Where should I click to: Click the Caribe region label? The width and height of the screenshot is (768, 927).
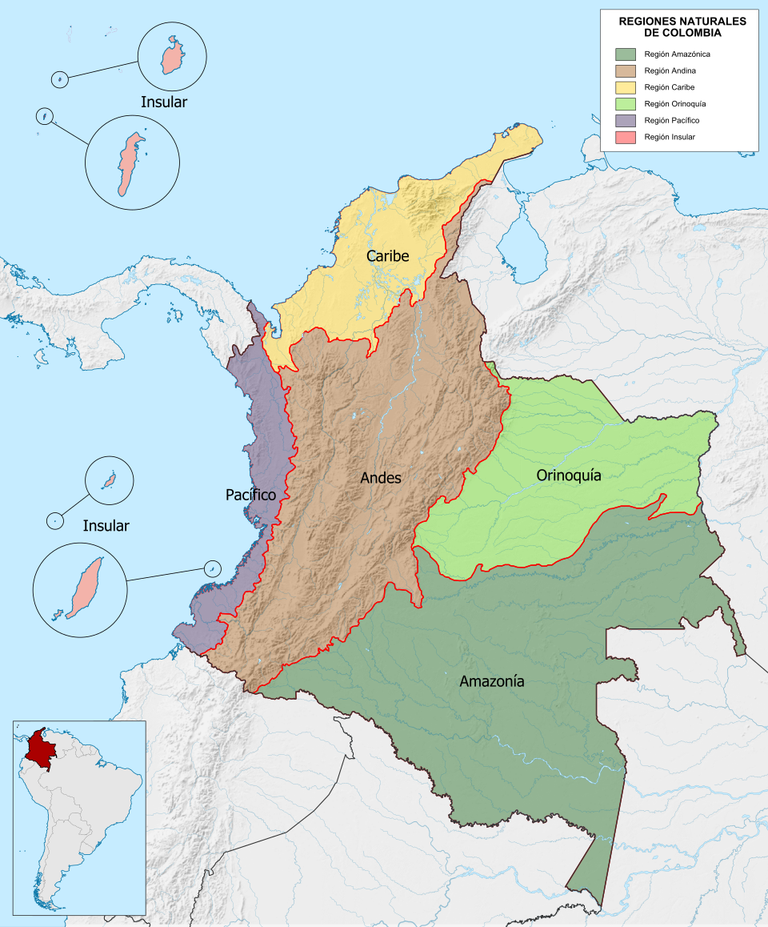tap(387, 256)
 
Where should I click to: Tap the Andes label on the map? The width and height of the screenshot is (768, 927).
tap(381, 478)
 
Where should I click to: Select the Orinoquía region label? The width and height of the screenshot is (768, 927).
tap(568, 476)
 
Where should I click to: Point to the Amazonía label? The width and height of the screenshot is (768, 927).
tap(492, 681)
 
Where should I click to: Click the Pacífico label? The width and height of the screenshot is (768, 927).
tap(250, 496)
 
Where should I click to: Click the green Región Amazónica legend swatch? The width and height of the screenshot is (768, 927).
tap(625, 54)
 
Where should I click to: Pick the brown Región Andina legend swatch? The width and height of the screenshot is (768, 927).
tap(625, 70)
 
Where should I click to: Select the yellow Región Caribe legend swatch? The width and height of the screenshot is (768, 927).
tap(625, 87)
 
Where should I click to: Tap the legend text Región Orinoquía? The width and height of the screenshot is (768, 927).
tap(674, 104)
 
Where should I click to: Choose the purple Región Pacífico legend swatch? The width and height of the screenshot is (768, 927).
tap(625, 120)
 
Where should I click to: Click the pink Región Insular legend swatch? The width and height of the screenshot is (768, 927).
tap(625, 137)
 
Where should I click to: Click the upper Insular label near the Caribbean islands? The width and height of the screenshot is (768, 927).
tap(163, 102)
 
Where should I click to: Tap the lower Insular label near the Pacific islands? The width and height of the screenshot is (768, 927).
tap(106, 526)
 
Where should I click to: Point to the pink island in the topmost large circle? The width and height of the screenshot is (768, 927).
tap(171, 57)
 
